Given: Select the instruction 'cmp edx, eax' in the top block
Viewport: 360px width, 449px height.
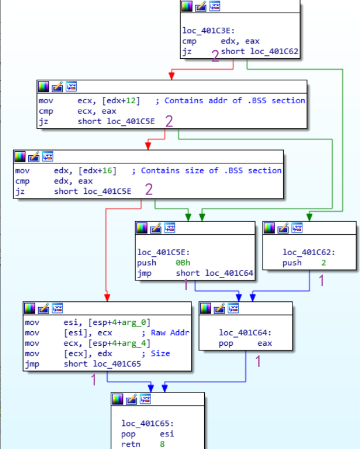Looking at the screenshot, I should (x=221, y=41).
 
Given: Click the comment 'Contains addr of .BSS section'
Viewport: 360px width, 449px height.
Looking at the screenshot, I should (x=235, y=100).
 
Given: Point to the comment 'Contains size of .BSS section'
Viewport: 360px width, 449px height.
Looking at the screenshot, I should (x=211, y=170).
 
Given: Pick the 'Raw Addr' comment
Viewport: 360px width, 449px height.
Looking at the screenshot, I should (x=170, y=332).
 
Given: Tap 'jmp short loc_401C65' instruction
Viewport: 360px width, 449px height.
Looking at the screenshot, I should (x=87, y=364).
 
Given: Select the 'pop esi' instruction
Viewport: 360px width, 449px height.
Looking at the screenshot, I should (x=148, y=433).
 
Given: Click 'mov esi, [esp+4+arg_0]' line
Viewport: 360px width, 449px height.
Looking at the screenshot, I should (x=87, y=322).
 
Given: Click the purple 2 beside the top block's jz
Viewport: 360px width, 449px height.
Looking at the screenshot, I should (x=215, y=56).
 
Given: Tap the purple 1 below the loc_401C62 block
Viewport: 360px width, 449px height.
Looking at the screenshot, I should (x=322, y=280).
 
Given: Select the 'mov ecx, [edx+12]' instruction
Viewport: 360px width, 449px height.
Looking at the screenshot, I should (x=89, y=100).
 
